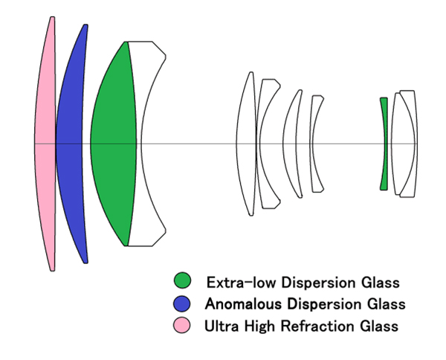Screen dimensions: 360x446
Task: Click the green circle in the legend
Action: pyautogui.click(x=182, y=282)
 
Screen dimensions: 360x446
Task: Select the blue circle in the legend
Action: pyautogui.click(x=182, y=303)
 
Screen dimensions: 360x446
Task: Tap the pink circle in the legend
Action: pyautogui.click(x=182, y=325)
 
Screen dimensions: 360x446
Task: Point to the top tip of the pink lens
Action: pyautogui.click(x=52, y=19)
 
